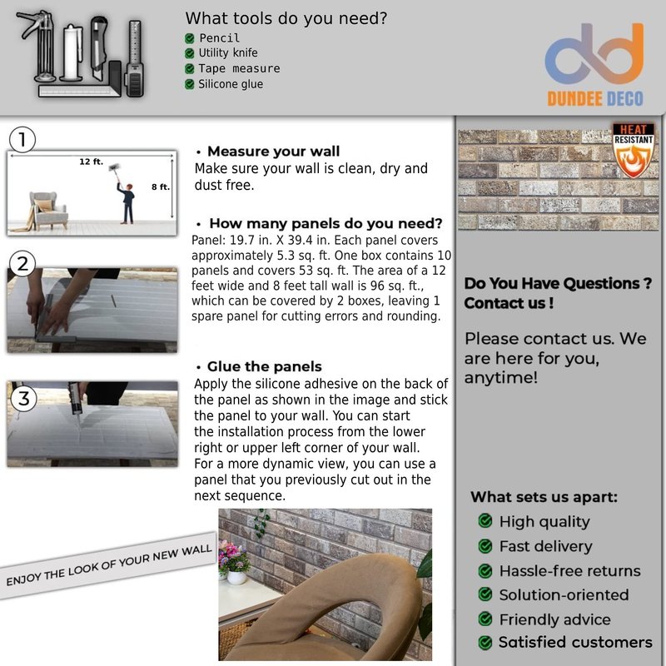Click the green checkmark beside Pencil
[190, 38]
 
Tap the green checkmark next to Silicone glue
[190, 85]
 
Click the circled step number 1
[22, 140]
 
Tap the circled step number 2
[22, 264]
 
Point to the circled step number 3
[24, 399]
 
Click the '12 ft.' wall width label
[92, 162]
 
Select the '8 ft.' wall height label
[161, 186]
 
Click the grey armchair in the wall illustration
[48, 211]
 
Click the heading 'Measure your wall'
[274, 152]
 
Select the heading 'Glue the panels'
[264, 366]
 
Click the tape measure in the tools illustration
[134, 58]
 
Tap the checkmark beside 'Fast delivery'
[485, 546]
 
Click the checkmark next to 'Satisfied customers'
[485, 643]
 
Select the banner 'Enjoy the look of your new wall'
[109, 565]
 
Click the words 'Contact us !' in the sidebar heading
[509, 303]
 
